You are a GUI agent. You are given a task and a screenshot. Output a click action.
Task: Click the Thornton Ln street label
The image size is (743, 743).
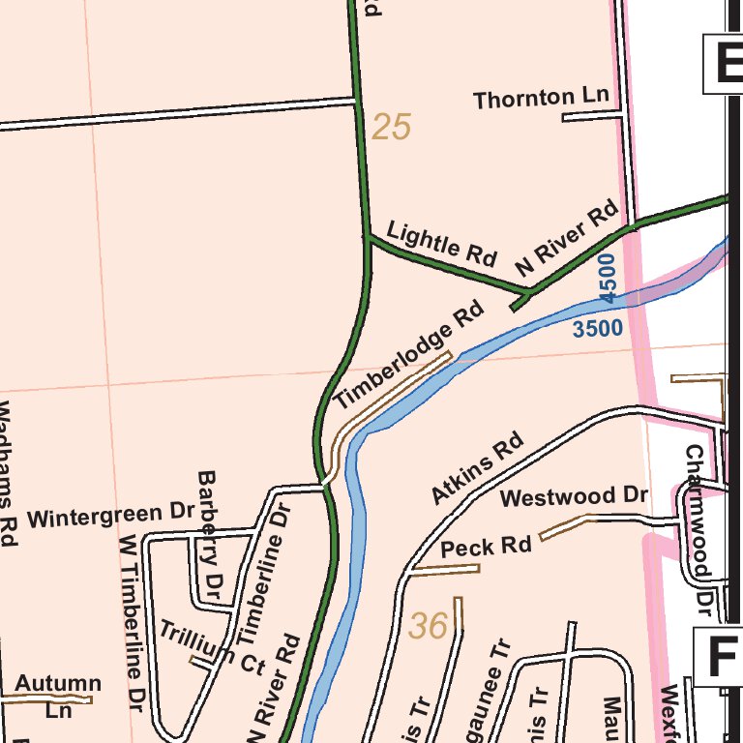(x=542, y=98)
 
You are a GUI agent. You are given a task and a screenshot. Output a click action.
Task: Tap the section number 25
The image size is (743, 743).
(x=391, y=127)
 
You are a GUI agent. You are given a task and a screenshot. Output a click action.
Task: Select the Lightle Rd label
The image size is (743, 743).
(x=441, y=243)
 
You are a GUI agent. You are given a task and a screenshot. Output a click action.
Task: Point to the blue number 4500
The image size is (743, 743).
(x=607, y=276)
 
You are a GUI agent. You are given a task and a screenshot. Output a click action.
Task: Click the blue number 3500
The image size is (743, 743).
(x=597, y=329)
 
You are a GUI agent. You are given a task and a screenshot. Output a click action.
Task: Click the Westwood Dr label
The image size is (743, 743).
(x=574, y=497)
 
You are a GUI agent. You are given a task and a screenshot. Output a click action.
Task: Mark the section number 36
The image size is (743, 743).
(x=427, y=627)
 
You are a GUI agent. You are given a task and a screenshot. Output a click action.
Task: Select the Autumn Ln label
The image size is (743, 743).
(x=57, y=694)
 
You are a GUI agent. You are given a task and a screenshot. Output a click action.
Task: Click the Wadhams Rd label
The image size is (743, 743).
(x=8, y=474)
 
